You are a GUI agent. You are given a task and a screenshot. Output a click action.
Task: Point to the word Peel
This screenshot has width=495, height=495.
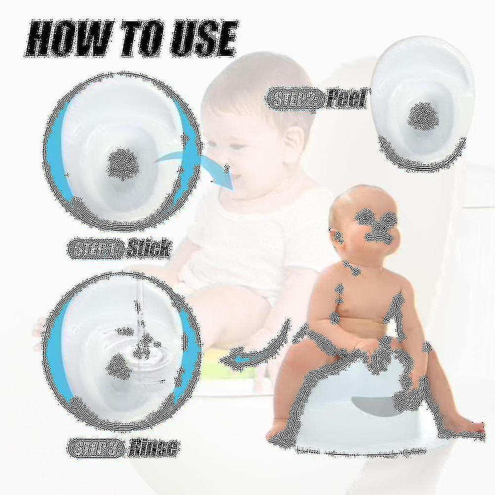(346, 99)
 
